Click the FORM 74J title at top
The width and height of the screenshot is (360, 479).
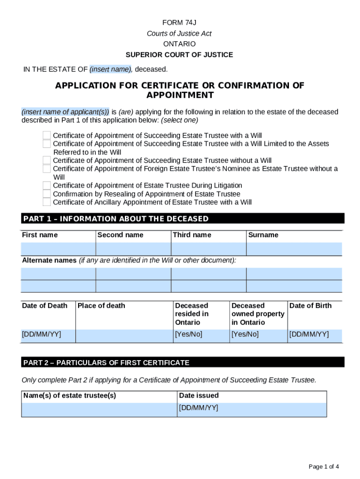point(180,22)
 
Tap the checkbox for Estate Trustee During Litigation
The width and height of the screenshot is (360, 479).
point(47,186)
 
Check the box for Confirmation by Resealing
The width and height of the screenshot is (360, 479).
point(47,194)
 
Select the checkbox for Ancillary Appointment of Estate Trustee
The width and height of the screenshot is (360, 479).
point(47,203)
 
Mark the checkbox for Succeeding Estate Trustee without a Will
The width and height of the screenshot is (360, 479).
point(47,160)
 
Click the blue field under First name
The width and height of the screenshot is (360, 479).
point(58,249)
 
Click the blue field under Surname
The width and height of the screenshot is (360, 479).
point(294,249)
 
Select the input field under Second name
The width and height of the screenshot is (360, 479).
point(133,249)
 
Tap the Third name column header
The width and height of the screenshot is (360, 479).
point(192,235)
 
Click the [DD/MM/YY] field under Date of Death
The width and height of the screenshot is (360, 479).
point(48,335)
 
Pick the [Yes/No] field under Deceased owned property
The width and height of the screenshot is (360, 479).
point(258,335)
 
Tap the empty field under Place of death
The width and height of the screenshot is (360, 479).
point(123,335)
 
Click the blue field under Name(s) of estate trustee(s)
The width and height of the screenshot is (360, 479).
point(99,409)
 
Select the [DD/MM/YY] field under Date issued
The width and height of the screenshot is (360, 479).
point(252,409)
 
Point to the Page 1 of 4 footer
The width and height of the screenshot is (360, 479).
point(324,466)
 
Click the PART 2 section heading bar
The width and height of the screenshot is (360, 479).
point(182,363)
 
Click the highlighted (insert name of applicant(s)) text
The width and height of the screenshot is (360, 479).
point(65,112)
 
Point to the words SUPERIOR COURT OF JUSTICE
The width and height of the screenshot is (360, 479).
point(180,55)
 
